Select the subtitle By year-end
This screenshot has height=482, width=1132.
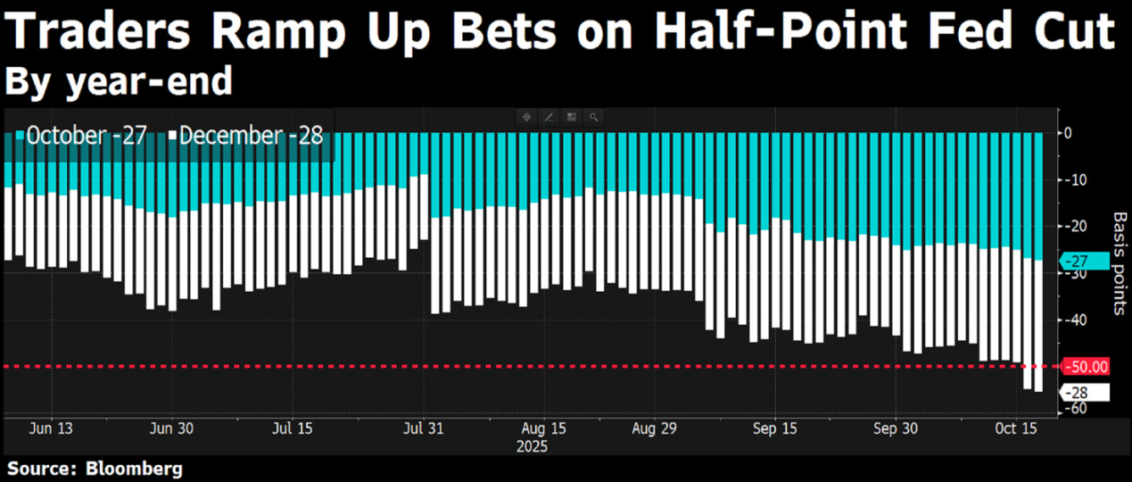click(x=119, y=81)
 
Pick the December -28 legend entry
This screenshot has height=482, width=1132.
click(x=244, y=136)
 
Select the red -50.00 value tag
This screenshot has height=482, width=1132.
click(x=1087, y=366)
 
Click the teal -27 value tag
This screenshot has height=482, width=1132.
click(x=1083, y=261)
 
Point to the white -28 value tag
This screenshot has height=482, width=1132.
click(x=1083, y=393)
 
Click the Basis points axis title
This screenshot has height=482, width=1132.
click(x=1120, y=263)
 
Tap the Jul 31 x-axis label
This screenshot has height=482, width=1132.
click(x=423, y=428)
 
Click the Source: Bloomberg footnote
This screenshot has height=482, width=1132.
click(x=94, y=468)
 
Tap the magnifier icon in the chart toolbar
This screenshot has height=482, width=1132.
click(x=592, y=117)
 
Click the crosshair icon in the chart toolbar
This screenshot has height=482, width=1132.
click(x=527, y=117)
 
